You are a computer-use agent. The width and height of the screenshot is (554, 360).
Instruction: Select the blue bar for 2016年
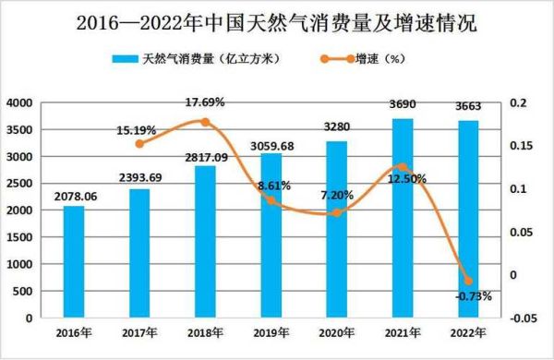tap(74, 262)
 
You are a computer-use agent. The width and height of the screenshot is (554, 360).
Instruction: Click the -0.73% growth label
tap(473, 296)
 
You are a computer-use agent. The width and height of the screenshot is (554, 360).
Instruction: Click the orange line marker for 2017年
tap(139, 144)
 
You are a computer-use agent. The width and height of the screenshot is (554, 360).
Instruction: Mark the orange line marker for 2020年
tap(337, 213)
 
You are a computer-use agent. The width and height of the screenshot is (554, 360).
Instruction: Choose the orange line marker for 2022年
tap(468, 281)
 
